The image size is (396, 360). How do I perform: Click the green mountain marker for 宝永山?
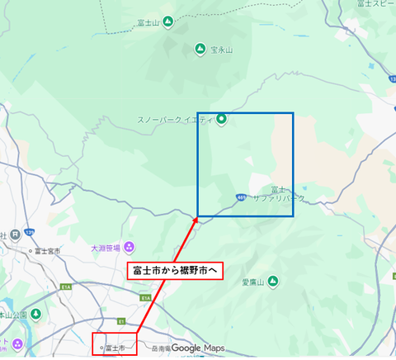(200, 50)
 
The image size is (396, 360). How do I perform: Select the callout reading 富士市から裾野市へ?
(178, 270)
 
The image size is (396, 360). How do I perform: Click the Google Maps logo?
(198, 348)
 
